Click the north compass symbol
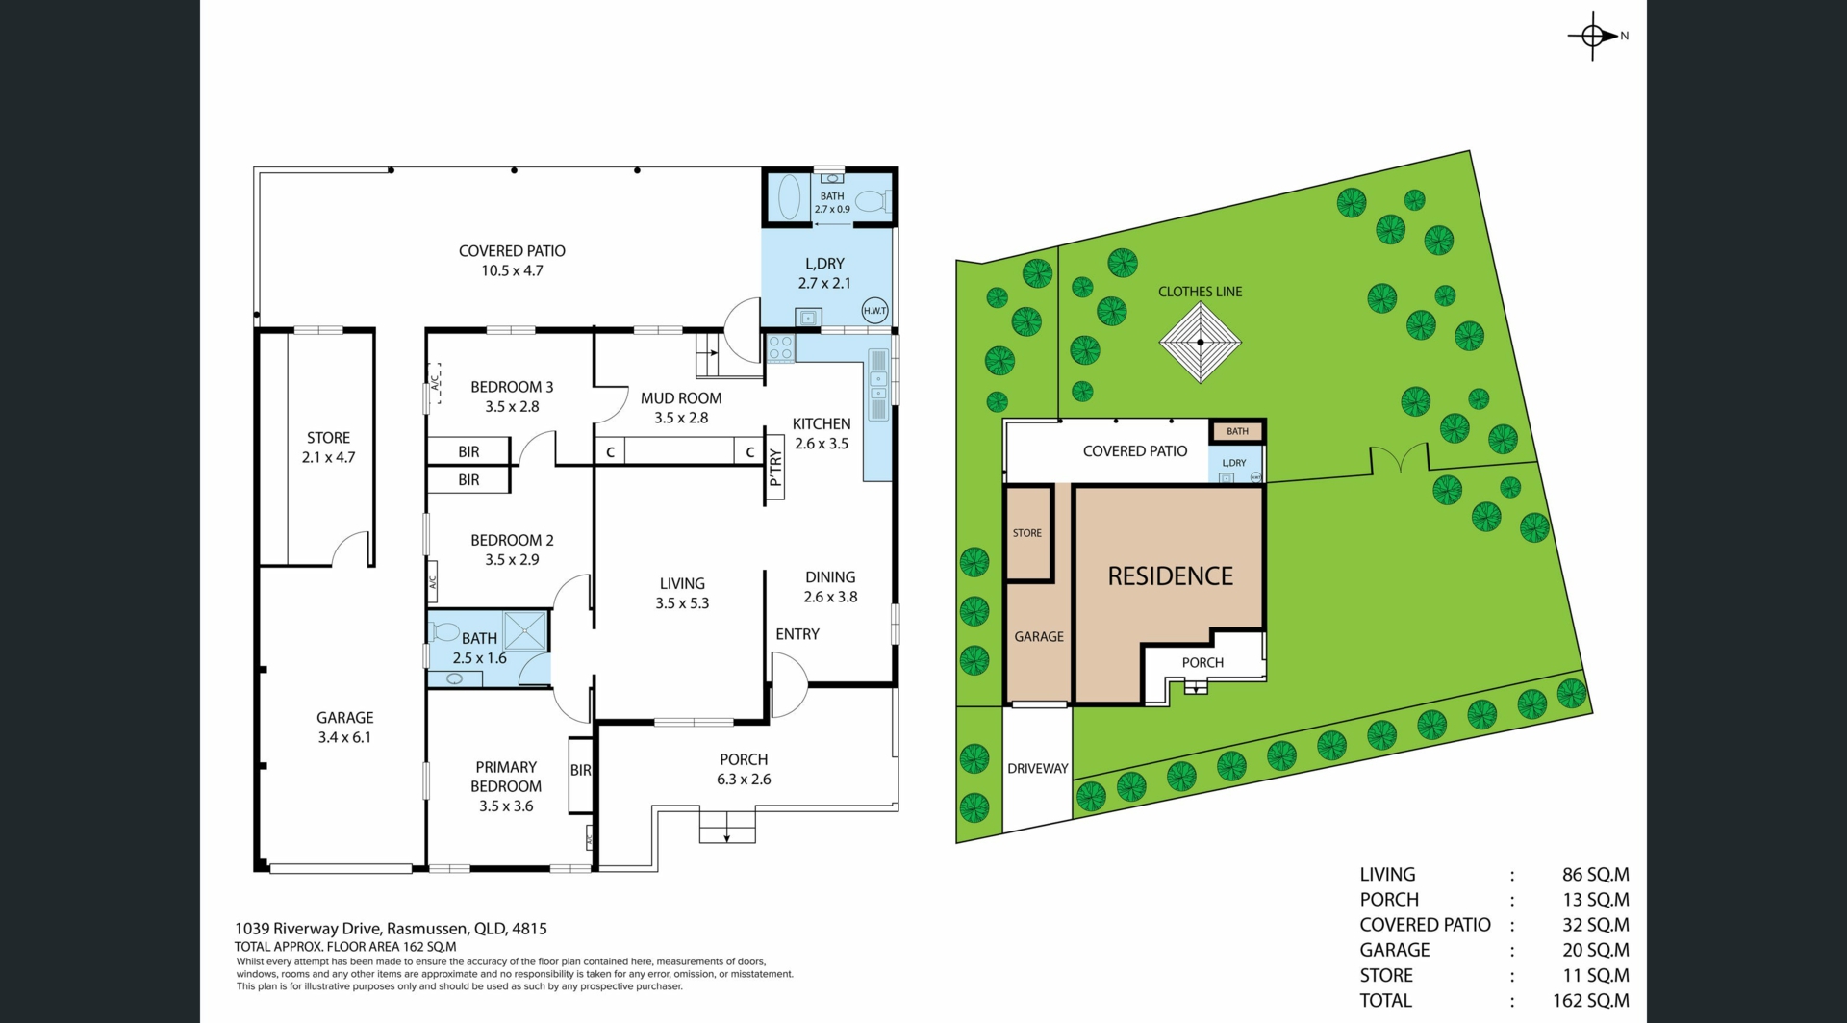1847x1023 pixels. pos(1593,36)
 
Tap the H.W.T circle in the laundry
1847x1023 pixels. pos(874,311)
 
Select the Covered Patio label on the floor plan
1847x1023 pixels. pos(512,261)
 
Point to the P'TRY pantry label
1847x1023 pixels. pos(775,468)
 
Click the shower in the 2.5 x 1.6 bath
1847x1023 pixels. pos(525,630)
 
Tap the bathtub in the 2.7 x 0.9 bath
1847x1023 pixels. pos(789,197)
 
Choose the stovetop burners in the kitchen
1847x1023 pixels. pos(780,348)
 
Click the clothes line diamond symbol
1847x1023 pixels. pos(1201,342)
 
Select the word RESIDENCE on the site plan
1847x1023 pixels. pos(1170,576)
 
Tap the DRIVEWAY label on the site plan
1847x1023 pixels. pos(1038,769)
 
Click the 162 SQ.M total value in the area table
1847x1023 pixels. pos(1591,1001)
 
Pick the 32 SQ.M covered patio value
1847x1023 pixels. pos(1596,925)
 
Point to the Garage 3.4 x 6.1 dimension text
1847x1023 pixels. pos(344,738)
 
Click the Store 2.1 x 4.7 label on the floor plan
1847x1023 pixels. pos(328,448)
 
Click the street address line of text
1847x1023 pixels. pos(391,929)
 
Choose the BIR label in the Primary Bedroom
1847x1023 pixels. pos(580,770)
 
